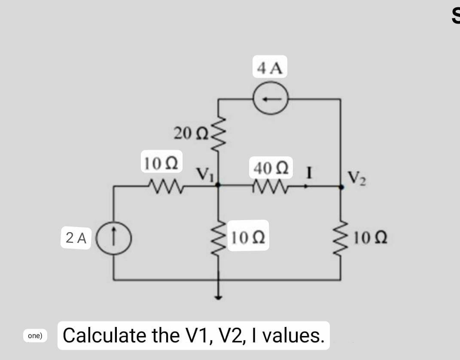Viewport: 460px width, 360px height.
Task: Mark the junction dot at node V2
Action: (341, 186)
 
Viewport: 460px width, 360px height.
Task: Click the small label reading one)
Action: (35, 336)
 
